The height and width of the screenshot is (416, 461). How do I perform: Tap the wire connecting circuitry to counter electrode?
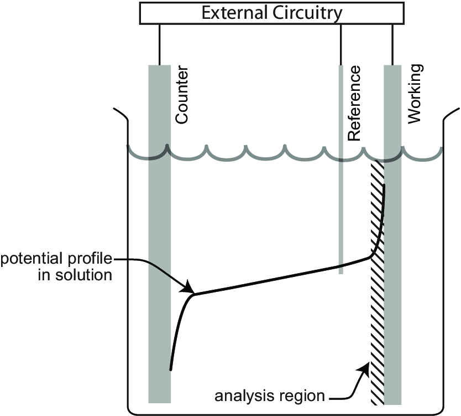pos(159,44)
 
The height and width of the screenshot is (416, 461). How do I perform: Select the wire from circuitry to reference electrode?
pos(340,44)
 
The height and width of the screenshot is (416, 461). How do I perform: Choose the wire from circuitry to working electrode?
pos(392,44)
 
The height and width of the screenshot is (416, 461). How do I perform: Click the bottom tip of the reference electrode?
pos(341,273)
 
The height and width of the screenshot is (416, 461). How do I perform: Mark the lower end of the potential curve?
pos(170,369)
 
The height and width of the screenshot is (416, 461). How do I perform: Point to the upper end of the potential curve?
pos(383,186)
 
